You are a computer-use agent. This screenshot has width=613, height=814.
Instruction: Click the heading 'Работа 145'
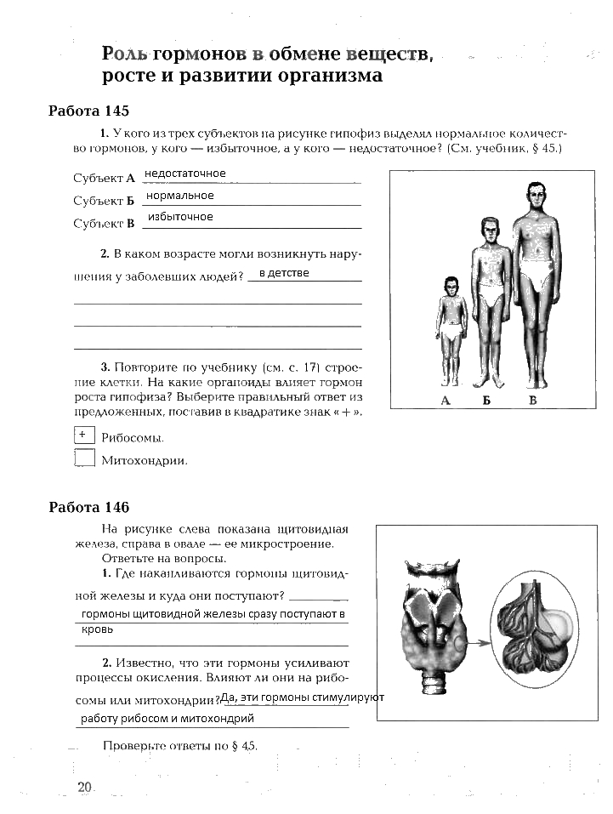coord(88,111)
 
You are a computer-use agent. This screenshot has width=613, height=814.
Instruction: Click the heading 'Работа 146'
coord(88,508)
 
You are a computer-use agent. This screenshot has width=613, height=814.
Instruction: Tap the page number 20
coord(84,788)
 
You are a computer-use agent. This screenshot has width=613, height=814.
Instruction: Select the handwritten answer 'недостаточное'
coord(185,174)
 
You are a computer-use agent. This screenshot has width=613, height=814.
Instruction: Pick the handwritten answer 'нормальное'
coord(180,196)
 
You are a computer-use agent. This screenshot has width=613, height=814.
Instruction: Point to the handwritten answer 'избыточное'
coord(180,218)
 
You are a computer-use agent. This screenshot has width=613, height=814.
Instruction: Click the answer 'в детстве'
coord(284,273)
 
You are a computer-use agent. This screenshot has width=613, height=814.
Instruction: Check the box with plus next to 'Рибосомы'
coord(83,435)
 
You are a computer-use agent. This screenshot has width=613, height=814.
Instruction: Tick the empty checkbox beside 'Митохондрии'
coord(84,458)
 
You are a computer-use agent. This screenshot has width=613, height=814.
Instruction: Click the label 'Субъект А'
coord(104,179)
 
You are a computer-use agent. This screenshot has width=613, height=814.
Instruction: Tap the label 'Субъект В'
coord(104,225)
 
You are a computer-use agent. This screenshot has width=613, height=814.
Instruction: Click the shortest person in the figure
coord(451,332)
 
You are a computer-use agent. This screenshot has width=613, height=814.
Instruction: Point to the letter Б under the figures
coord(487,400)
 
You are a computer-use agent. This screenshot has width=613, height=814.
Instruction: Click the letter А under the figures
coord(446,400)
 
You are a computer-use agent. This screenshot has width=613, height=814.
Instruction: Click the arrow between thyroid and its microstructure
coord(480,644)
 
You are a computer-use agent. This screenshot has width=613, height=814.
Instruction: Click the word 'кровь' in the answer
coord(97,630)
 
